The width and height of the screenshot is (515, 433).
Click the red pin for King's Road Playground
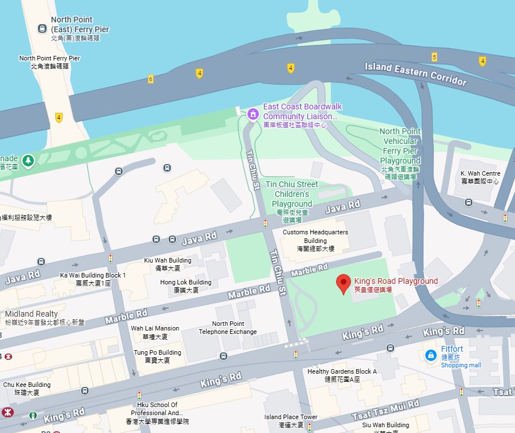click(344, 283)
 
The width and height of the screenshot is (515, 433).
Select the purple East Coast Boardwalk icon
click(251, 115)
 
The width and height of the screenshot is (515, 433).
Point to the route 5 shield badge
click(434, 56)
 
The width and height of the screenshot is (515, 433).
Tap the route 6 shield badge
click(151, 79)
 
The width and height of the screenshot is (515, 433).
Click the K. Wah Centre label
click(480, 177)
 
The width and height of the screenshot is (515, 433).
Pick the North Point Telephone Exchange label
click(227, 328)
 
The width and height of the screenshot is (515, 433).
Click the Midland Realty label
click(32, 314)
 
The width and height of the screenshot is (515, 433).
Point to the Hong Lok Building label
click(185, 286)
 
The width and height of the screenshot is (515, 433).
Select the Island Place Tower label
click(291, 420)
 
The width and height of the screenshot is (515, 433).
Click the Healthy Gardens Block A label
click(342, 375)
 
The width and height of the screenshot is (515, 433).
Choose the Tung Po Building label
click(157, 356)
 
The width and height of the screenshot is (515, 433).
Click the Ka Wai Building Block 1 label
click(93, 279)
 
